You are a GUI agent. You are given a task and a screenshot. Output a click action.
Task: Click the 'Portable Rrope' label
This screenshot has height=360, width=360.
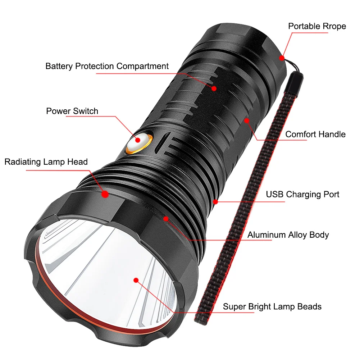click(317, 26)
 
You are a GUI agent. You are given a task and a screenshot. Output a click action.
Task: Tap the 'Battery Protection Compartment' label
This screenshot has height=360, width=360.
click(107, 66)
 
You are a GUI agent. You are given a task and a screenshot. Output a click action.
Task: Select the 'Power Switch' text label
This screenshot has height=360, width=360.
click(72, 111)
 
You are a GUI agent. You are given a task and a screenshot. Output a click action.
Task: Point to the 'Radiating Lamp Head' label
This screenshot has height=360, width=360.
click(46, 162)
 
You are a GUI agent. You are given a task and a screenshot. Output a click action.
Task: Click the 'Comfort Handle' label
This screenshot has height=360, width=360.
click(315, 134)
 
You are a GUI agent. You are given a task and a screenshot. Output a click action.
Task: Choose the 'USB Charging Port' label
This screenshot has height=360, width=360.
click(302, 195)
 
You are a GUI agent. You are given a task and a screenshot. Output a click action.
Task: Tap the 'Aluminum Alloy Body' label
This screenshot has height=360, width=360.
click(288, 235)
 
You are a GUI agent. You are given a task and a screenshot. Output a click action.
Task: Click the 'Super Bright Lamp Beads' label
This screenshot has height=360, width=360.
click(272, 307)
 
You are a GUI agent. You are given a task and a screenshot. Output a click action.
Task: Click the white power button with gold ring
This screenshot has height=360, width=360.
click(139, 142)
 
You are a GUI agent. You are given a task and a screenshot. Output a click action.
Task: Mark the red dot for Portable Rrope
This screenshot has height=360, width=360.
click(282, 58)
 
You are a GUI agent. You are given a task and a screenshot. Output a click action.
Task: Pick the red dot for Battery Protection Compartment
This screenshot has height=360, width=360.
click(214, 88)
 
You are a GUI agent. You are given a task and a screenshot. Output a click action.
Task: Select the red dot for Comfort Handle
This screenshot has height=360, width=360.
click(247, 120)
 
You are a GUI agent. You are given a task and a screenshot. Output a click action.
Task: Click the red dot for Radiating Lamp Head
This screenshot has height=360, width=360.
click(105, 194)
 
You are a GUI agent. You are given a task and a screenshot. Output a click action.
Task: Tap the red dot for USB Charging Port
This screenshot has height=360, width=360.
click(215, 202)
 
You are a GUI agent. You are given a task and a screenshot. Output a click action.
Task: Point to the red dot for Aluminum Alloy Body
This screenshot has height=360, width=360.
click(166, 219)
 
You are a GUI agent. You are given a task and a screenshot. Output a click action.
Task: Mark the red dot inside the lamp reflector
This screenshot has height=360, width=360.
click(136, 280)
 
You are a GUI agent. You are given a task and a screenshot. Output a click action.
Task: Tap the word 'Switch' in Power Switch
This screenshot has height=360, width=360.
click(85, 111)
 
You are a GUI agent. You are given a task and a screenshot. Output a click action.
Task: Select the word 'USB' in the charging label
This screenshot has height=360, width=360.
click(275, 194)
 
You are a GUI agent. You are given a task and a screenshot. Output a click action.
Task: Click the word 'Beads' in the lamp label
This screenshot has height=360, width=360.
click(309, 306)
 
